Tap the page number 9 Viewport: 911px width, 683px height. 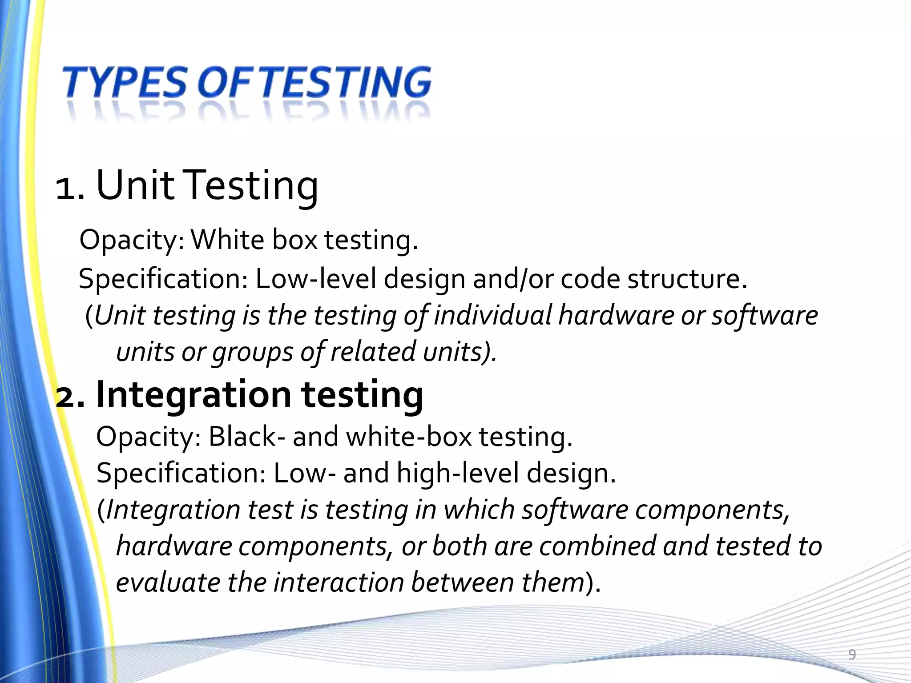point(852,655)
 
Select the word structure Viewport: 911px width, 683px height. point(687,279)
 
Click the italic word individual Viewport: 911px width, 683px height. point(492,316)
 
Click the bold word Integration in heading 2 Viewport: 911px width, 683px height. point(193,395)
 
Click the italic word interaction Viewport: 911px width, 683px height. point(338,583)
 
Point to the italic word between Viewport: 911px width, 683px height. point(463,583)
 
